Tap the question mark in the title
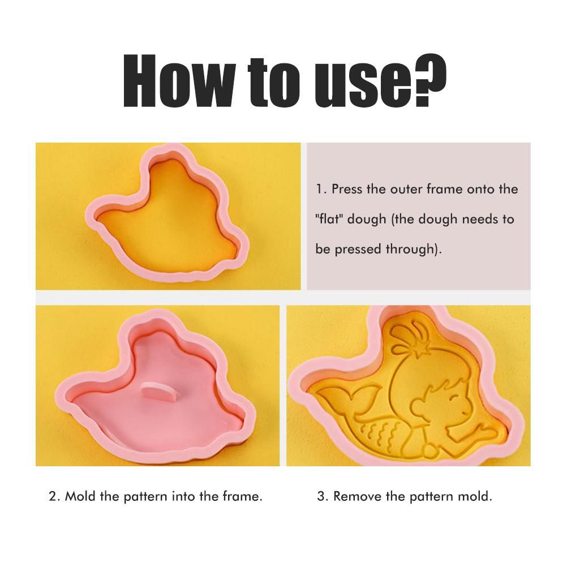[428, 80]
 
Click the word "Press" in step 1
[347, 189]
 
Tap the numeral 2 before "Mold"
[53, 496]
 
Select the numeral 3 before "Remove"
[321, 496]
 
